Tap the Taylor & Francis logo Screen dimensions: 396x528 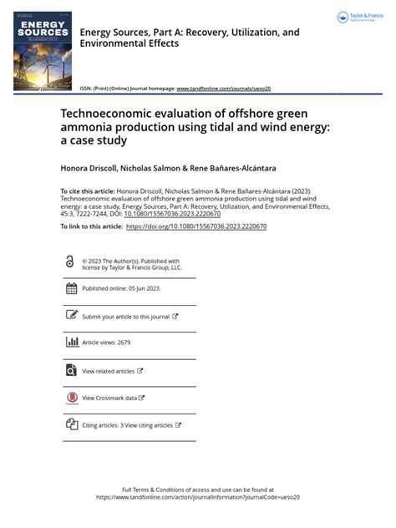(x=358, y=18)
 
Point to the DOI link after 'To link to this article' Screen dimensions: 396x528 (x=195, y=226)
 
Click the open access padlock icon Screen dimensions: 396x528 (x=69, y=261)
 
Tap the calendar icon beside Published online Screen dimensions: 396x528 (x=71, y=288)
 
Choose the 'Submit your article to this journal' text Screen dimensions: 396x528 (x=125, y=317)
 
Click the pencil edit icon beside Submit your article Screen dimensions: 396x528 (x=71, y=316)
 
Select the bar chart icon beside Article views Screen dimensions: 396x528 (x=71, y=343)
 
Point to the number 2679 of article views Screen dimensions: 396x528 (x=124, y=343)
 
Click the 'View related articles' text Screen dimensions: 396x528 (x=108, y=371)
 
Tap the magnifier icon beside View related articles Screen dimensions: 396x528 (x=71, y=370)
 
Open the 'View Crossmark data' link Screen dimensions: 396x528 (x=109, y=399)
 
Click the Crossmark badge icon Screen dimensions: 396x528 (x=71, y=399)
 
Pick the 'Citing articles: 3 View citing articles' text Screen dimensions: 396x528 (x=127, y=425)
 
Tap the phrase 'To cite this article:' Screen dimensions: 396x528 (x=86, y=191)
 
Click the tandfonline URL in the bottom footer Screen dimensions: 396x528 (x=198, y=496)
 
